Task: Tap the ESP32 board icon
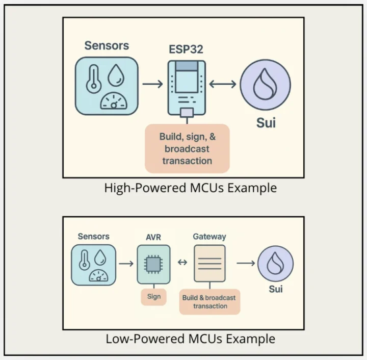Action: (187, 87)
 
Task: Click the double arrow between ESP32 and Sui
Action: (222, 84)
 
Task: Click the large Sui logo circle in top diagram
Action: (265, 84)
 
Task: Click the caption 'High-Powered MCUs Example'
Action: (190, 188)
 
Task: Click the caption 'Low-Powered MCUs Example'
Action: (190, 339)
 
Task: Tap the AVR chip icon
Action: (153, 264)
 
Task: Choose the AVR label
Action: (153, 237)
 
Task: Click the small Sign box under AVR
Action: (153, 297)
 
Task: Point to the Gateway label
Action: (209, 237)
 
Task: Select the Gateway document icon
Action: (209, 263)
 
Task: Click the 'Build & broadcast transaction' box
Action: (209, 301)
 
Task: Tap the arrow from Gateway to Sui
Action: (246, 263)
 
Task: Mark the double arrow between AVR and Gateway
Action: (182, 263)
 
